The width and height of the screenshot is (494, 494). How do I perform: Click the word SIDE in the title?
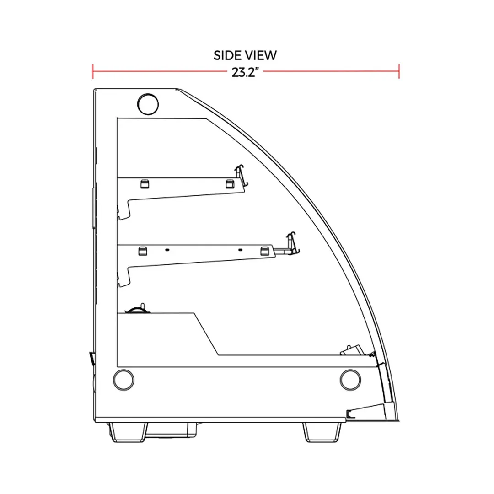[x=226, y=55]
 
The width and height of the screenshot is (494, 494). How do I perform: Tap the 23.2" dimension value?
[x=245, y=72]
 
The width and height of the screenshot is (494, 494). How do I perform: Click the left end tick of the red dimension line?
[x=93, y=71]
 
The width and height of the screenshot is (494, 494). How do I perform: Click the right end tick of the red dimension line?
[x=399, y=71]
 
